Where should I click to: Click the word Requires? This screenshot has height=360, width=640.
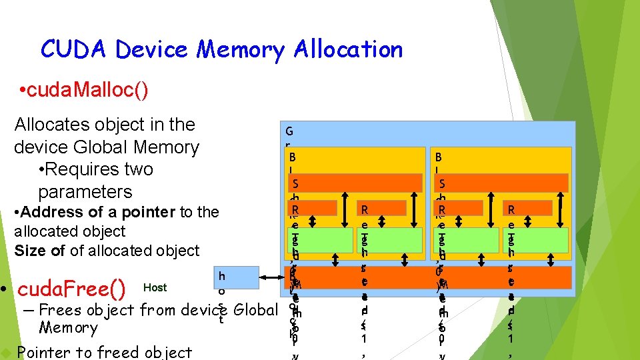tap(88, 169)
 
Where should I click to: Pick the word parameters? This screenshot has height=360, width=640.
tap(85, 192)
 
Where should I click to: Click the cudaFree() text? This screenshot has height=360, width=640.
tap(73, 289)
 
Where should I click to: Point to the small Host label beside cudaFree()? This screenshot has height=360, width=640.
tap(155, 287)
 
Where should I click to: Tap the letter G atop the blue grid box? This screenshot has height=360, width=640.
tap(289, 131)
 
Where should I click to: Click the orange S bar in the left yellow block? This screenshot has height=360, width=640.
tap(355, 183)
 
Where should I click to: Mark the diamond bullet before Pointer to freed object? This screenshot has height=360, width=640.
tap(7, 352)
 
